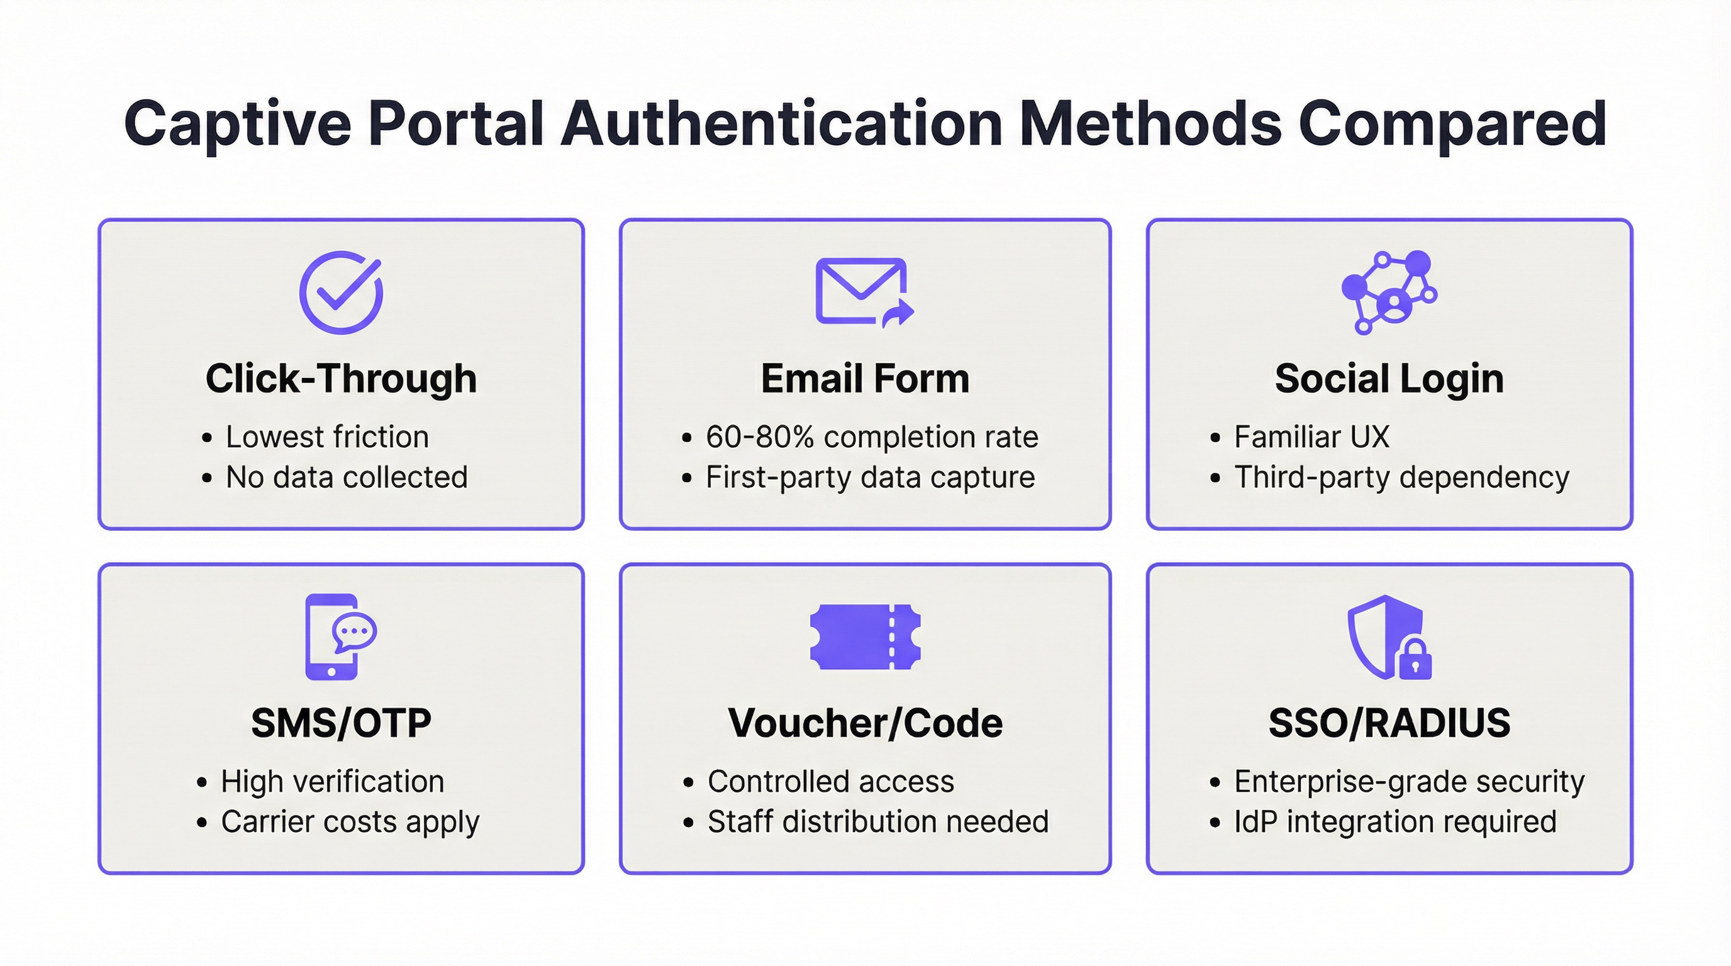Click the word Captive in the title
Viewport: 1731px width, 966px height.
point(238,125)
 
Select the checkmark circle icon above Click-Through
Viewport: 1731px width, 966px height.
point(341,292)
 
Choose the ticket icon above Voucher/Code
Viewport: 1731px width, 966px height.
point(865,636)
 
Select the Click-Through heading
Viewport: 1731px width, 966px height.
point(341,378)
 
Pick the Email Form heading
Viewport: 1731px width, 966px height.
point(865,378)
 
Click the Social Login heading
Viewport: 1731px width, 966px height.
point(1389,378)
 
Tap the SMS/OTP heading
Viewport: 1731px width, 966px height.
point(341,723)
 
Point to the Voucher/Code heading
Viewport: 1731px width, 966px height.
point(865,723)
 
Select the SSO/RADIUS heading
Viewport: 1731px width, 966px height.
point(1389,723)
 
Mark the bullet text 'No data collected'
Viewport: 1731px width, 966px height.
point(346,477)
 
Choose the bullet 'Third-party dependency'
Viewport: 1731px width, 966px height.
point(1401,477)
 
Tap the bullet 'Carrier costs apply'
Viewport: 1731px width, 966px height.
point(350,822)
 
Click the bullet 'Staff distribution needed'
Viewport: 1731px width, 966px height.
point(877,822)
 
